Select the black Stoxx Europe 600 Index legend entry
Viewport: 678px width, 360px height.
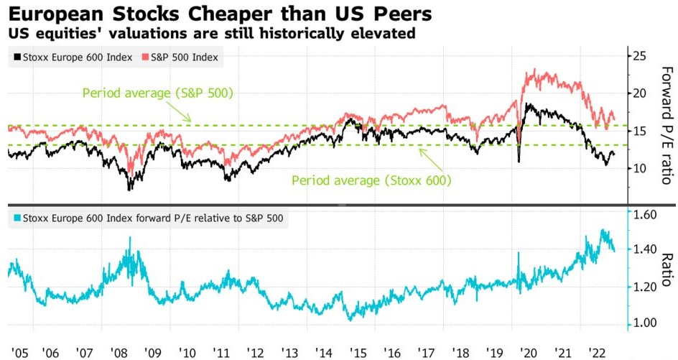tap(72, 57)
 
